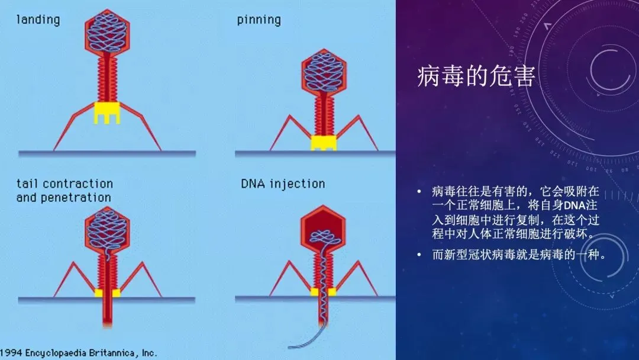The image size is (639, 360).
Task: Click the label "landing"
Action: (38, 20)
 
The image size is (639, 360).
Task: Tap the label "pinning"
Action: (259, 20)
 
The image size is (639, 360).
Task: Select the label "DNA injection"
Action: (283, 184)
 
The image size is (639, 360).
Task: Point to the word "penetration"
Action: (75, 198)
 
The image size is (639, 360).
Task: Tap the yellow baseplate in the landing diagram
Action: (106, 112)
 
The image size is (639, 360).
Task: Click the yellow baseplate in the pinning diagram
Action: (324, 142)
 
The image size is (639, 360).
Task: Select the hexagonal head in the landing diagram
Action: (106, 31)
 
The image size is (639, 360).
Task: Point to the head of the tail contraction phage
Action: (106, 228)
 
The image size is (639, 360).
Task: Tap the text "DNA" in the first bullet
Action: (574, 205)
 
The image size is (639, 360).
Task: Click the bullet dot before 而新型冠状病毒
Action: (419, 255)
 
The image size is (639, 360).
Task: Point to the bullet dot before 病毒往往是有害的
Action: (419, 191)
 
